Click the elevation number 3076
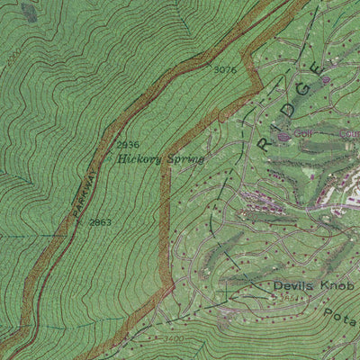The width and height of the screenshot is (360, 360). (225, 70)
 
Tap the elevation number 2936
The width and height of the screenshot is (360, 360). (128, 145)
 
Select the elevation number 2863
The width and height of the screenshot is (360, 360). (100, 221)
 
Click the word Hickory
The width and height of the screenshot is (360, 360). (139, 158)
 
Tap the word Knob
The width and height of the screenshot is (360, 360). (337, 287)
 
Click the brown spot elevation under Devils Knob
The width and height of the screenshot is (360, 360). (284, 298)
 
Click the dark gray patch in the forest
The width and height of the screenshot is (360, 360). (30, 11)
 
